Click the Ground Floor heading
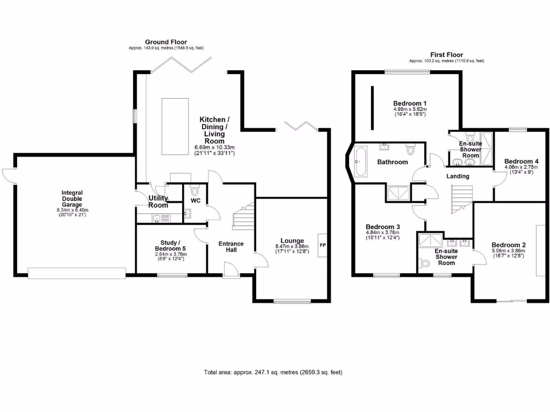(166, 42)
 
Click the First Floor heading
(446, 55)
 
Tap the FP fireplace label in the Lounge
(323, 245)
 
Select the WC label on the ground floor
(196, 201)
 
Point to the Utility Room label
(158, 202)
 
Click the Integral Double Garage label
(72, 198)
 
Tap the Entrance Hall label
(231, 247)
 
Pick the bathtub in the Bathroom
(361, 162)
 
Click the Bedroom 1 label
(410, 103)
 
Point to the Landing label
(458, 176)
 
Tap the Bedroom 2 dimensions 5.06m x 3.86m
(508, 251)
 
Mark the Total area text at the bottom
(273, 372)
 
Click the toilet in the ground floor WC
(195, 190)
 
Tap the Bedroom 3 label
(382, 226)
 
